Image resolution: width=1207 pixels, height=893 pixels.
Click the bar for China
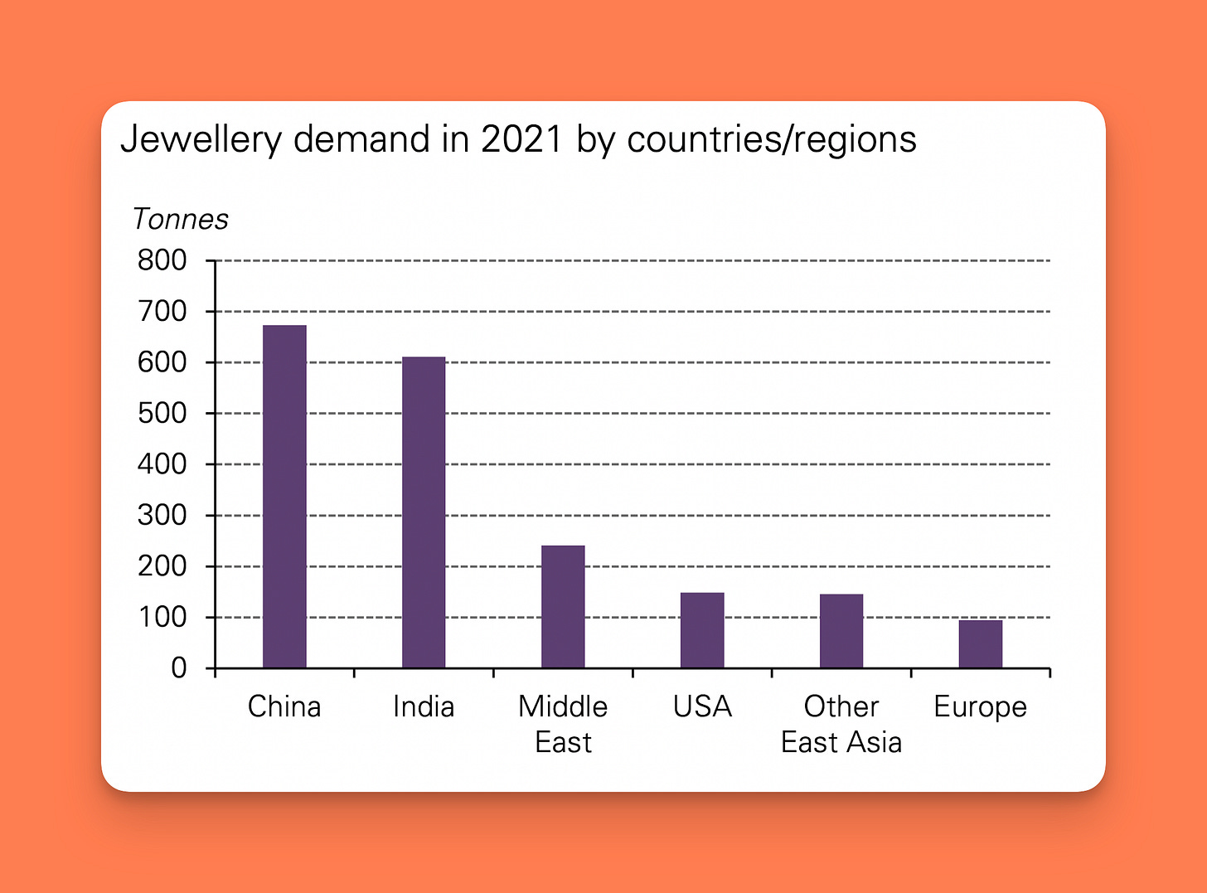click(x=284, y=497)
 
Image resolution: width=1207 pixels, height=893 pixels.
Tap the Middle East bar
click(x=563, y=607)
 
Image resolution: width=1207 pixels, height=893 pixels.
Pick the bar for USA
click(x=702, y=630)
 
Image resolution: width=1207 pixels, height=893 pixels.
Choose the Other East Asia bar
click(x=841, y=631)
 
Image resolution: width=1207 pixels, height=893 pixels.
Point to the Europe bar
click(x=981, y=644)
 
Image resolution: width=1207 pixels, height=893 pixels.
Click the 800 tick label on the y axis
click(x=162, y=260)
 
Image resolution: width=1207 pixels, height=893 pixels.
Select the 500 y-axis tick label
click(x=162, y=413)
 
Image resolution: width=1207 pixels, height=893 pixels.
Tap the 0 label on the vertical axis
click(x=179, y=668)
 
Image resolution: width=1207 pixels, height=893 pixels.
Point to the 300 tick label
click(x=162, y=515)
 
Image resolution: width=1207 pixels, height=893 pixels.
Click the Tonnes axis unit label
click(x=180, y=219)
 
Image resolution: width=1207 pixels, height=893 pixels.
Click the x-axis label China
click(x=284, y=706)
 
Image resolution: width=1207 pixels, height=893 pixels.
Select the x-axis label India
click(x=424, y=706)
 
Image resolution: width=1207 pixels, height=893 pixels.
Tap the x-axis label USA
click(x=702, y=706)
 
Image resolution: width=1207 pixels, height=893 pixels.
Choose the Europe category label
click(x=980, y=707)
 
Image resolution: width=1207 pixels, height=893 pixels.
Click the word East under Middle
click(x=563, y=742)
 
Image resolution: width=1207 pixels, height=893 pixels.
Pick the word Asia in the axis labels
click(x=875, y=742)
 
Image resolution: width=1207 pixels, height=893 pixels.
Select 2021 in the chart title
click(x=521, y=139)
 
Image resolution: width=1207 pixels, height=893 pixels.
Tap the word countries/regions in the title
click(x=772, y=139)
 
